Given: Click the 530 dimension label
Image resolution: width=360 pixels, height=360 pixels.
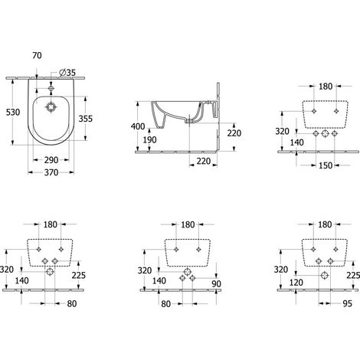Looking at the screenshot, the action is coord(13,112).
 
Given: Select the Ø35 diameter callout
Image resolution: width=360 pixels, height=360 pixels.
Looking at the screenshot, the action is coord(67,73).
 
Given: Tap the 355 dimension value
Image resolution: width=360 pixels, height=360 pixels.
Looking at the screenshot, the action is coord(86,119).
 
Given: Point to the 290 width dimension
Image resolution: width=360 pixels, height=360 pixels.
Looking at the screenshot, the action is coord(51,160).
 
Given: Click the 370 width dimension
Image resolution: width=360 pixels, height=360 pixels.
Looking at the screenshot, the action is coord(51,172).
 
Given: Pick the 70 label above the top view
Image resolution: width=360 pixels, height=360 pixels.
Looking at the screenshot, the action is coord(37,55).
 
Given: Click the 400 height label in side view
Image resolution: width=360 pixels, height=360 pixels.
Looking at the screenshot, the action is coord(138,126).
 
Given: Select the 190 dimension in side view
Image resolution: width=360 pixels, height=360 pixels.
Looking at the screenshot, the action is coord(149,139).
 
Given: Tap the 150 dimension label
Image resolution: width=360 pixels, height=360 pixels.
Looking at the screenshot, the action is coord(326,165).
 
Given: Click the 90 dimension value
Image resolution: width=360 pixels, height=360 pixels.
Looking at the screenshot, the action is coord(216,283).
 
